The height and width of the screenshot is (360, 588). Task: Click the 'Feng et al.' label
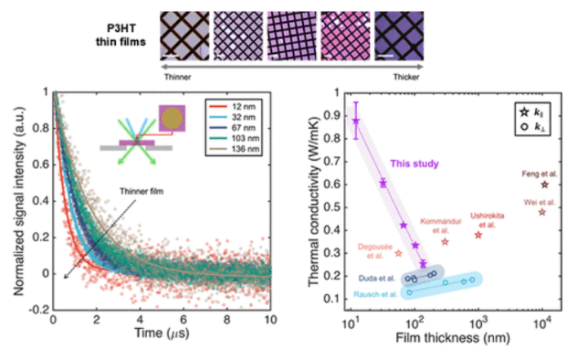click(x=540, y=174)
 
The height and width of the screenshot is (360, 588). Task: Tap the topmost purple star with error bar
click(x=356, y=121)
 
